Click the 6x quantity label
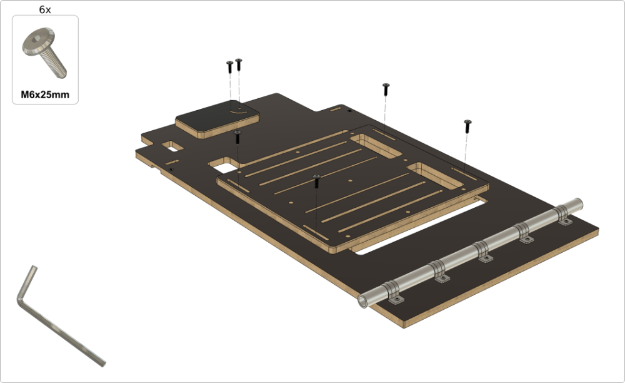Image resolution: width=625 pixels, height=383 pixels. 45,9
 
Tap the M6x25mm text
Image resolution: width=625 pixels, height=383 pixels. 45,94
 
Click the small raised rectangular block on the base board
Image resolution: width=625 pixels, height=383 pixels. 217,120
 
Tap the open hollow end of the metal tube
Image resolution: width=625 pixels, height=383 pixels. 363,301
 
